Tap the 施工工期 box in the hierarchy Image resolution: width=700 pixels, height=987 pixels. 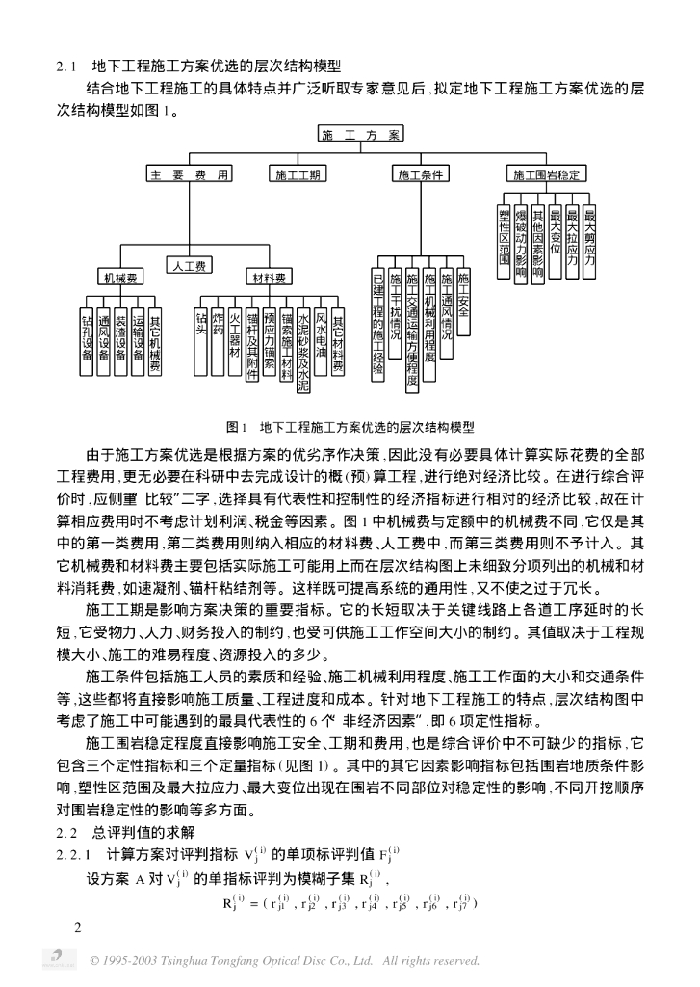(x=298, y=174)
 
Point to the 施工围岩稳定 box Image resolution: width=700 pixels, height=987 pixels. (x=546, y=174)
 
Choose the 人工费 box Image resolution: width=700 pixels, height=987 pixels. (x=189, y=263)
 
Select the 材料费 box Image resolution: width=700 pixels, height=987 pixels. (x=269, y=279)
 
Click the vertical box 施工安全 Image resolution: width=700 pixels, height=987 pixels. (x=464, y=301)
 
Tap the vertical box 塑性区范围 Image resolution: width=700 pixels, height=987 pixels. (x=504, y=241)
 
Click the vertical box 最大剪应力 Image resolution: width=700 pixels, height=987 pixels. (x=589, y=236)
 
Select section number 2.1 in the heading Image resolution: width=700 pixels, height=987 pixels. (x=66, y=67)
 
